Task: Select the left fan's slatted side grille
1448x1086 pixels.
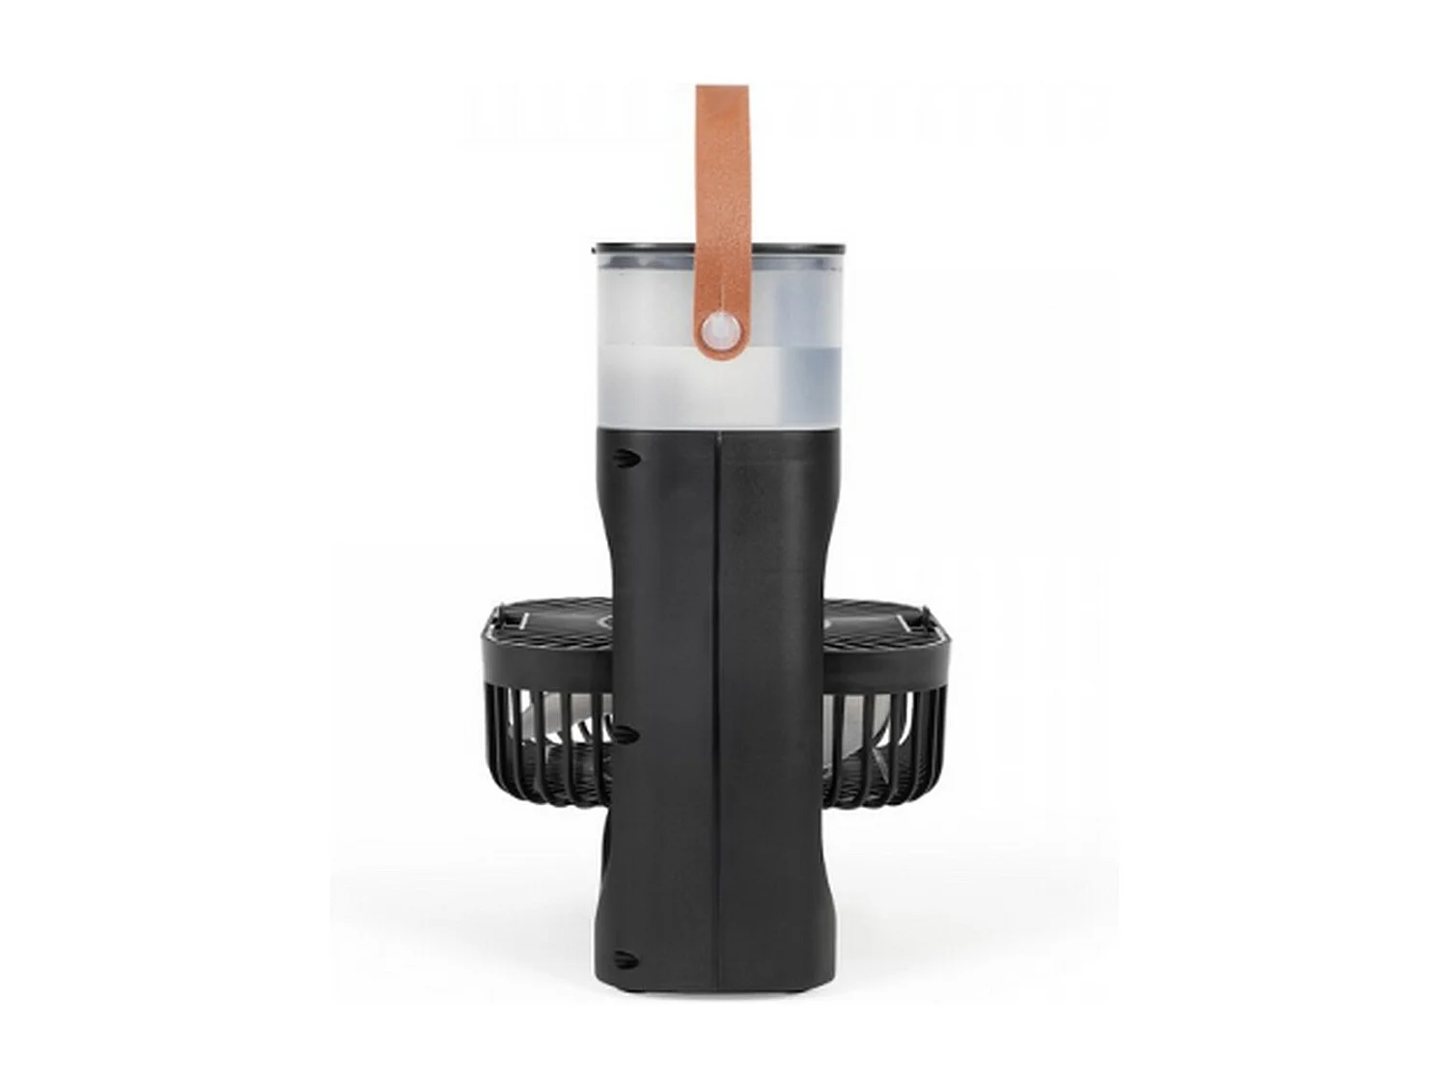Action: [541, 743]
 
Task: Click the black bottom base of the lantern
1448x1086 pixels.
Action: [713, 985]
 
